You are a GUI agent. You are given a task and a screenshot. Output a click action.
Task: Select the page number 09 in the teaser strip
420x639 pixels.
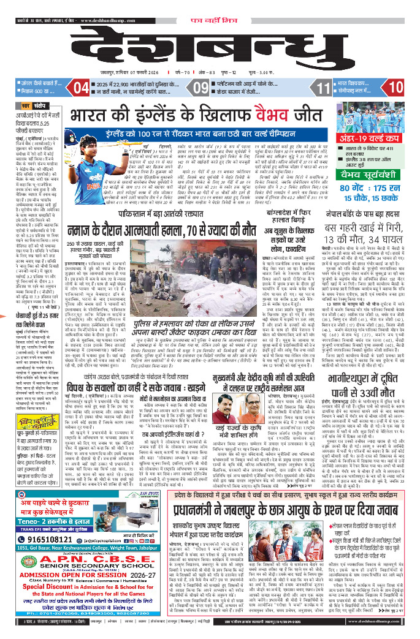(x=202, y=88)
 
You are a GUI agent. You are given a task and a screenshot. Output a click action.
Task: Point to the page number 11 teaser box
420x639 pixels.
(x=323, y=88)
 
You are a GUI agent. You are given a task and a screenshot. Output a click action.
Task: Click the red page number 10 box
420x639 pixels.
(x=396, y=88)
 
